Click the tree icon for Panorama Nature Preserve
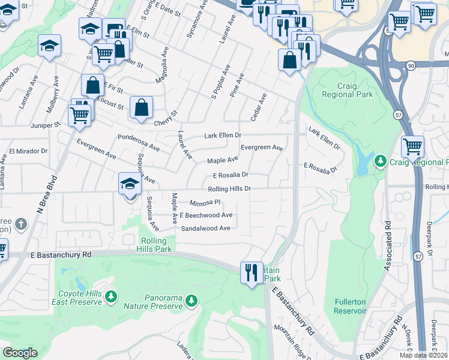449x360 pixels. coord(191,300)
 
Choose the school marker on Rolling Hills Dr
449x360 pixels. coord(130,184)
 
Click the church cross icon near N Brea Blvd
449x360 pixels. coord(21,225)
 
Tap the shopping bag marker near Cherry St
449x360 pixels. coord(141,108)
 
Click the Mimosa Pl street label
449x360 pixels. coord(206,203)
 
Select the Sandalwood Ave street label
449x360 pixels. coord(206,229)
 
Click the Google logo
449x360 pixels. coord(20,353)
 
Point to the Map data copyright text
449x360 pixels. coord(424,355)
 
